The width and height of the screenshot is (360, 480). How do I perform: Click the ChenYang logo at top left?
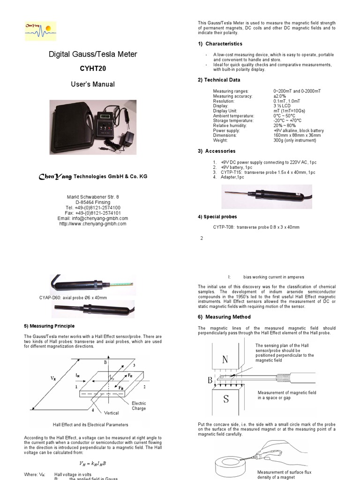click(x=40, y=30)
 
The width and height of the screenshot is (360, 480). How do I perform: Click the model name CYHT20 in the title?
click(x=93, y=68)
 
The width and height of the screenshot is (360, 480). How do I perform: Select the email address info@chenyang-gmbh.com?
click(x=92, y=218)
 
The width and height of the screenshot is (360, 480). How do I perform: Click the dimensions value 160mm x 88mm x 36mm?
click(x=297, y=135)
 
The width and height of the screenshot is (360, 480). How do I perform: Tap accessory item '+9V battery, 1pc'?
click(x=236, y=167)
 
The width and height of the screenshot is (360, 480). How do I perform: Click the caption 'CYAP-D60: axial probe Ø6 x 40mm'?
click(x=73, y=298)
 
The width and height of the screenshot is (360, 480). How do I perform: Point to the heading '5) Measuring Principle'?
click(x=49, y=326)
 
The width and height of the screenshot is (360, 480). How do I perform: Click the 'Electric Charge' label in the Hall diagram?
click(x=139, y=406)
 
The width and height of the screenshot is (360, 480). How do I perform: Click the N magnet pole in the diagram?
click(x=225, y=360)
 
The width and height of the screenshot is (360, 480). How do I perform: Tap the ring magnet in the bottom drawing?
click(x=232, y=466)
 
